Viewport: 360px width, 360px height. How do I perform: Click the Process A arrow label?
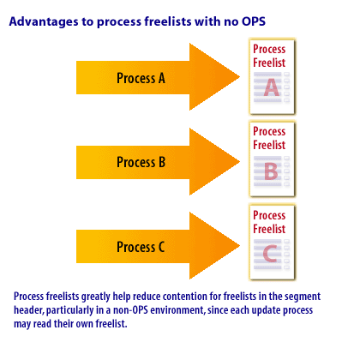[x=141, y=78]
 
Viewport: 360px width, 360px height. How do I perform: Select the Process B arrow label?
[x=141, y=162]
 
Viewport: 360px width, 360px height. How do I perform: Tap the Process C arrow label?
[x=141, y=247]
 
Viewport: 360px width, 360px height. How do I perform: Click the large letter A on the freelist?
[x=272, y=87]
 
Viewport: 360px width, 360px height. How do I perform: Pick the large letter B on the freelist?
[x=271, y=171]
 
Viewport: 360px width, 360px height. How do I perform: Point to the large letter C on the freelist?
[x=270, y=253]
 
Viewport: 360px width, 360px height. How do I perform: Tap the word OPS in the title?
[x=254, y=21]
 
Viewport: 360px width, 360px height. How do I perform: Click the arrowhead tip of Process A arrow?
[x=239, y=76]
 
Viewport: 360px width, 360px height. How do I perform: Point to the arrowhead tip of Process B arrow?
[x=239, y=161]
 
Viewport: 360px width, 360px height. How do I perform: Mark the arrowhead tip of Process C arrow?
[x=239, y=245]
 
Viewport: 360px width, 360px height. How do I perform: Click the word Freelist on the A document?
[x=269, y=63]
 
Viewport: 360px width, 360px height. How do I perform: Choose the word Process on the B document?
[x=269, y=131]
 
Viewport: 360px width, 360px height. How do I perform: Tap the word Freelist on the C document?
[x=269, y=229]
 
